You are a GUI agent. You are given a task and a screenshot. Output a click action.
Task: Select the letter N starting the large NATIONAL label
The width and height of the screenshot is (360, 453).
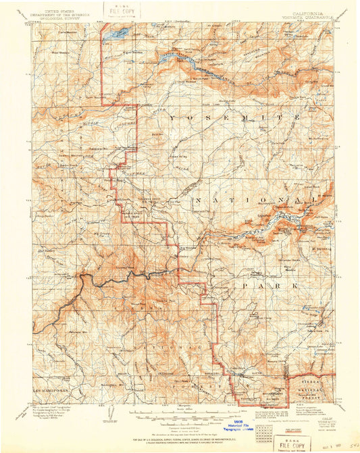coord(197,201)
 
